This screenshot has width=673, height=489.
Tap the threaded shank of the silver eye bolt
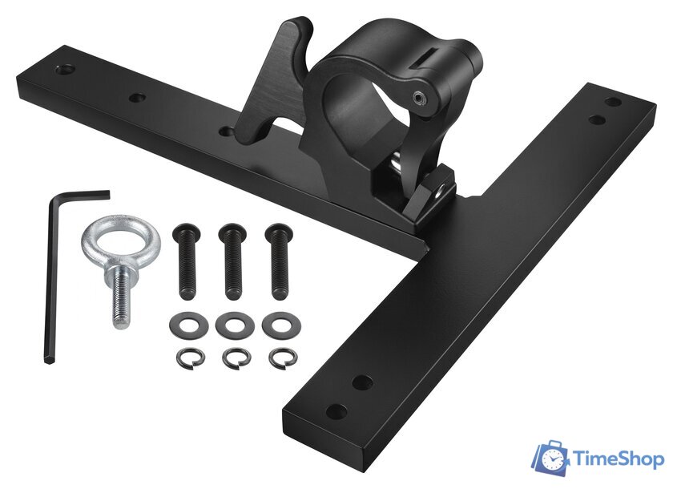tap(121, 301)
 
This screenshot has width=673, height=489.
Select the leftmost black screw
tap(187, 261)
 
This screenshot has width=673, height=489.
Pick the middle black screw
tap(233, 261)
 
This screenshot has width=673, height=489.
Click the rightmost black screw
tap(280, 261)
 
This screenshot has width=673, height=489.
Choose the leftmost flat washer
tap(177, 325)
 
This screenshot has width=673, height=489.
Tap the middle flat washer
tap(224, 325)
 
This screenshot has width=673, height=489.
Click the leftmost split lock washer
tap(181, 358)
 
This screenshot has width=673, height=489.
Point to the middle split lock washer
tap(228, 358)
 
